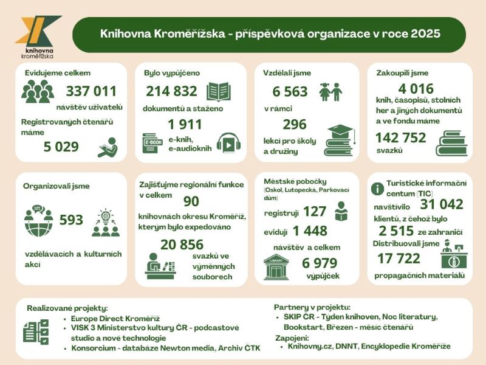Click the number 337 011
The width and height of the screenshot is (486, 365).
(91, 92)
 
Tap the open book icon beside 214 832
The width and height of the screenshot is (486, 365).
(219, 91)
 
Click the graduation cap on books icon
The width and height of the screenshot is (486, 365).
(338, 141)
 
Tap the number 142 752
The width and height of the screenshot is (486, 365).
(401, 138)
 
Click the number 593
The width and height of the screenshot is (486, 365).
(71, 220)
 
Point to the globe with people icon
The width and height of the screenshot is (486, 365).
(38, 221)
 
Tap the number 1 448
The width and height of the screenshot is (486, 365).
(309, 231)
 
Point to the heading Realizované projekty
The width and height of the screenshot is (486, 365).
(67, 308)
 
